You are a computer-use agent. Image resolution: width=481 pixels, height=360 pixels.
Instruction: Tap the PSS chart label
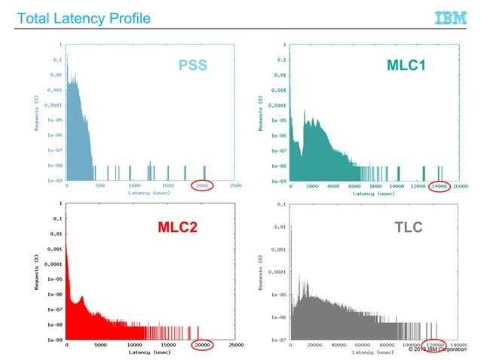click(192, 65)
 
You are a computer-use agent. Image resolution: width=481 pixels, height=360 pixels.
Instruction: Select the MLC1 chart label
click(406, 66)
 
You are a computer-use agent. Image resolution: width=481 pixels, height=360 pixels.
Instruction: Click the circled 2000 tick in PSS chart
click(201, 185)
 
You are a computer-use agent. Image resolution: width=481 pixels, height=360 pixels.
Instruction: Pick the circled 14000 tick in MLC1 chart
click(440, 185)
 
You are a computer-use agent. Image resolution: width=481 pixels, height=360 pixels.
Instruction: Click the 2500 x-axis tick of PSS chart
click(235, 185)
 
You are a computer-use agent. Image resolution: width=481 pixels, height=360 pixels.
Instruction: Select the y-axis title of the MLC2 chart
click(35, 271)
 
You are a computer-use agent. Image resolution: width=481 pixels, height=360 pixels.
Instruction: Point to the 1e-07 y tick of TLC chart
click(278, 340)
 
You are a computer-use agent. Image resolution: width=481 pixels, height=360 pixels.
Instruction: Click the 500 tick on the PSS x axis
click(100, 185)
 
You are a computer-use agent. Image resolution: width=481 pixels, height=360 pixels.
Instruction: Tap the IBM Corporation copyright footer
click(444, 349)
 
